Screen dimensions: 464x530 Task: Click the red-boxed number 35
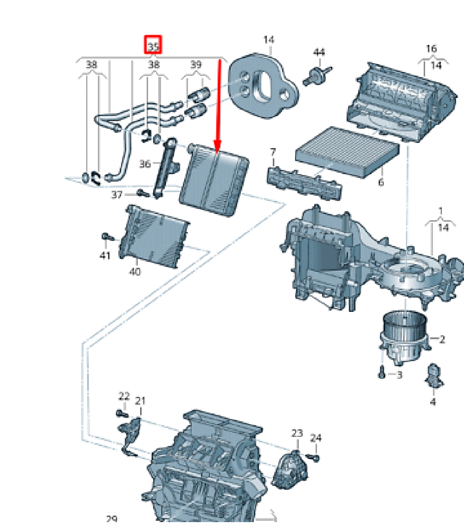[x=153, y=45]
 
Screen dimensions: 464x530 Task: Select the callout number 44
[x=319, y=52]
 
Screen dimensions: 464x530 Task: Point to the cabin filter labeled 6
[x=347, y=152]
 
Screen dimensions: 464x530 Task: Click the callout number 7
[x=273, y=152]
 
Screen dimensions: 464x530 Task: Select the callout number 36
[x=145, y=164]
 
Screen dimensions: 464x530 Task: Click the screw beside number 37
[x=143, y=194]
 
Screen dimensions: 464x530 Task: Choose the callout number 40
[x=135, y=271]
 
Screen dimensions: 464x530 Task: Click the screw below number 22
[x=122, y=413]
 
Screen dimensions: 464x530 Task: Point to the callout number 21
[x=140, y=401]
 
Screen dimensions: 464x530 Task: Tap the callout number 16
[x=431, y=49]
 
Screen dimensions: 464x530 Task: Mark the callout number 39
[x=196, y=64]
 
